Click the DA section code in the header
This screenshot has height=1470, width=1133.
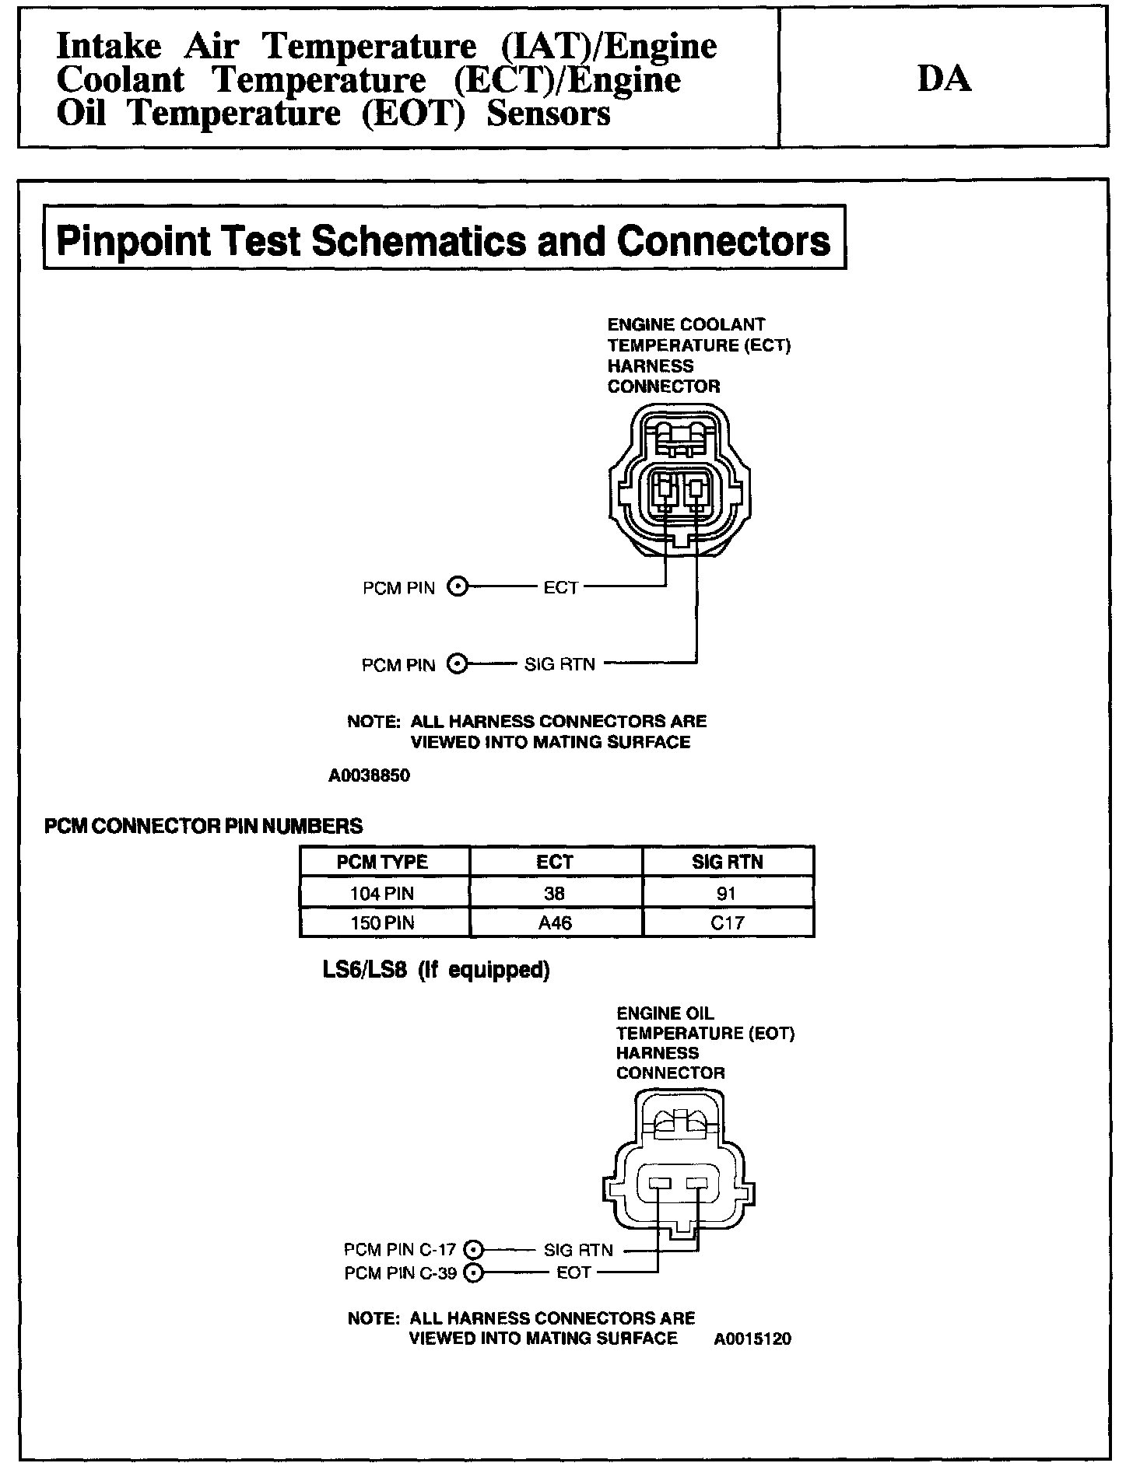[x=944, y=79]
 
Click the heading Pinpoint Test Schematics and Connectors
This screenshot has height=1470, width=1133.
[x=444, y=240]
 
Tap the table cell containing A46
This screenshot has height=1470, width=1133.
[x=555, y=922]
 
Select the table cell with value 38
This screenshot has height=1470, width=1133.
[x=555, y=893]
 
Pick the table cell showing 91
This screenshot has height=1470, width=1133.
[x=727, y=893]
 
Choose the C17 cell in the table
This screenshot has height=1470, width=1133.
[x=728, y=922]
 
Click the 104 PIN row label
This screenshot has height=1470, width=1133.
[x=382, y=893]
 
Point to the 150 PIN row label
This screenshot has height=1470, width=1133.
[x=382, y=922]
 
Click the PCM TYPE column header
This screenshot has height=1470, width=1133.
[x=382, y=862]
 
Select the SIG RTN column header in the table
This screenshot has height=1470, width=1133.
[x=728, y=862]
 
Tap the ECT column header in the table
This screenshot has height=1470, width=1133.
[x=555, y=862]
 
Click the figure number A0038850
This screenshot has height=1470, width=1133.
[x=369, y=775]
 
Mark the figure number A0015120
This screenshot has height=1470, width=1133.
[x=752, y=1339]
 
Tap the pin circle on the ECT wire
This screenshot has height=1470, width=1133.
[x=458, y=587]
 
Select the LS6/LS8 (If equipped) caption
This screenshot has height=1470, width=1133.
[x=436, y=970]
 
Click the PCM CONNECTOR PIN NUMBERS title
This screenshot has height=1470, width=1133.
[x=203, y=825]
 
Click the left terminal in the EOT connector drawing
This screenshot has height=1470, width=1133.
[x=659, y=1184]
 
